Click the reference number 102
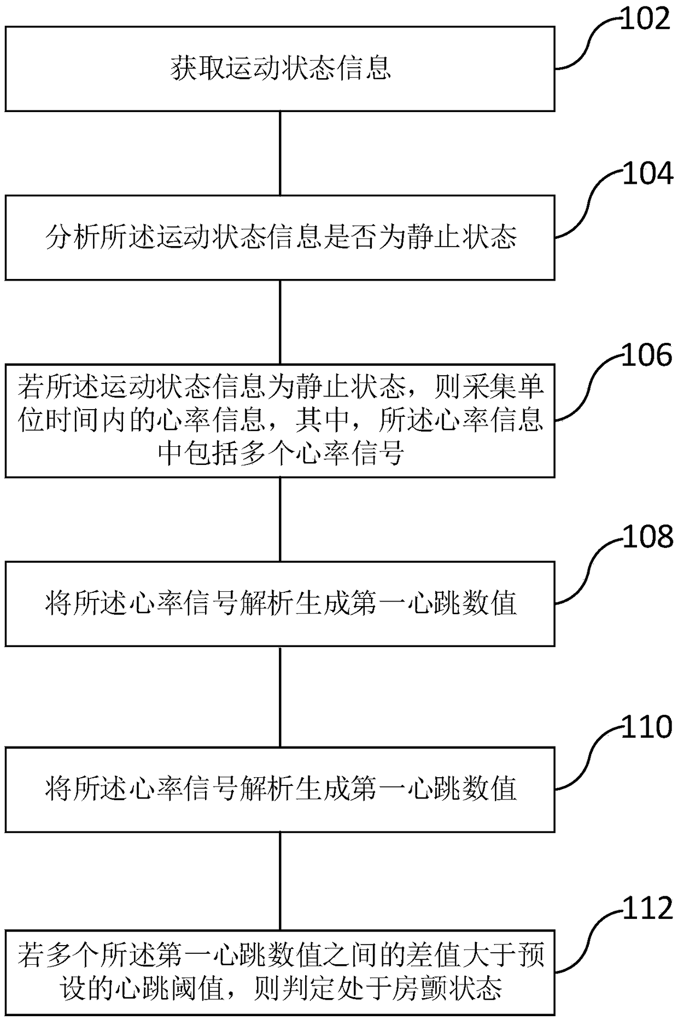645,20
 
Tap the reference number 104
647,174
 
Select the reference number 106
647,355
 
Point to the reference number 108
647,537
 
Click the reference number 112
647,908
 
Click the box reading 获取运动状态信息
280,69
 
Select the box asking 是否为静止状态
280,238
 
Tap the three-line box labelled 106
280,421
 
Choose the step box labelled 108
280,604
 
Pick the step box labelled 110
280,789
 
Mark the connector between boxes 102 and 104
280,154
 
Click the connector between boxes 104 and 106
280,322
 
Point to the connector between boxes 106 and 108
280,519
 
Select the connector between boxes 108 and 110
280,696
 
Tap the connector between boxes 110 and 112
280,881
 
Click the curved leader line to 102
588,44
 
